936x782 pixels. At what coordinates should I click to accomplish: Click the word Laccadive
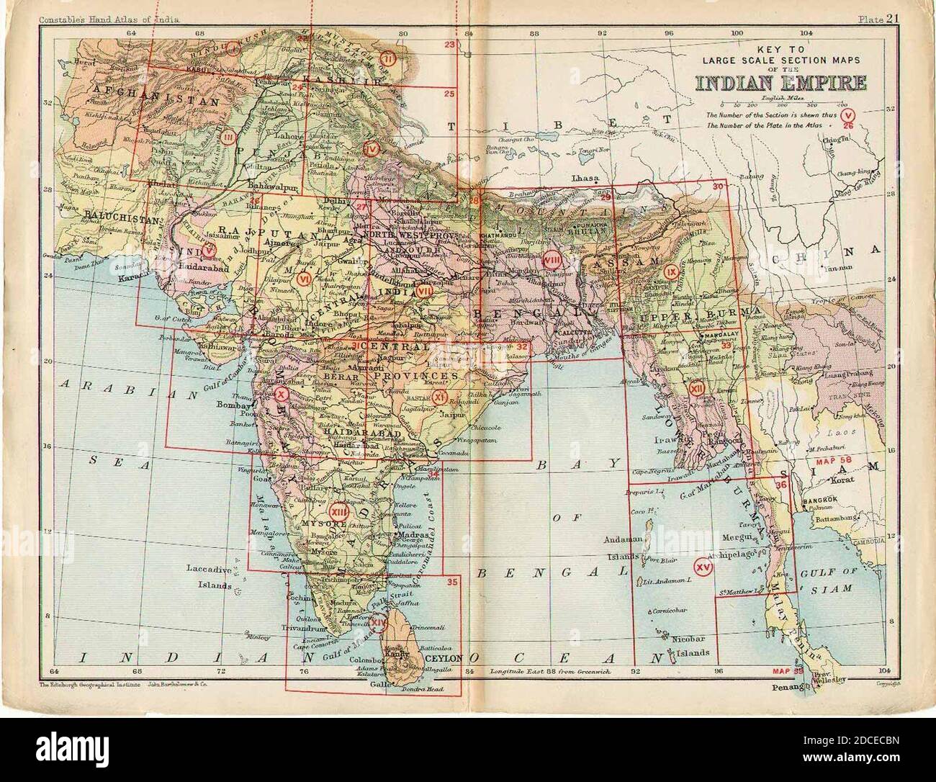click(x=207, y=569)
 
